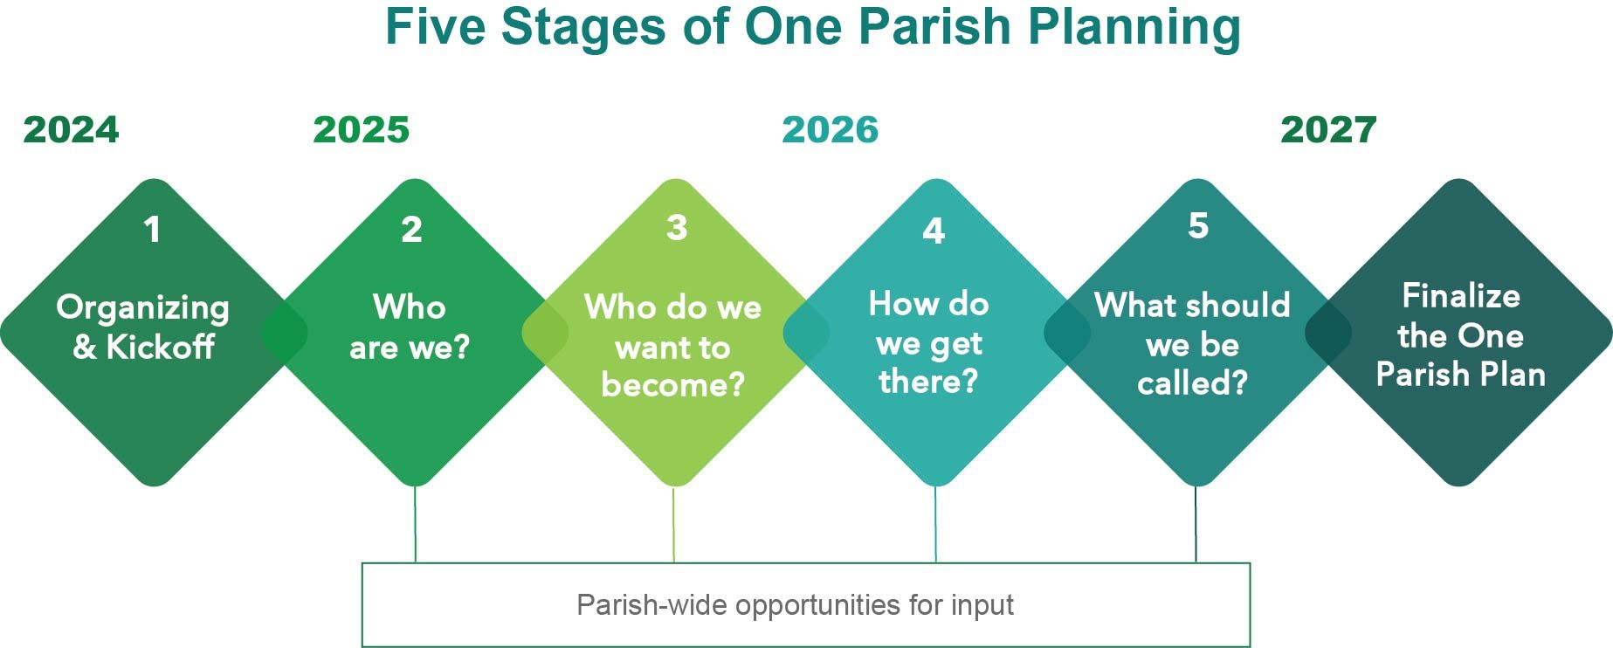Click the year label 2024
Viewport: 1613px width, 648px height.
pyautogui.click(x=71, y=130)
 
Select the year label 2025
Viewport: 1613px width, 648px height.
pyautogui.click(x=361, y=130)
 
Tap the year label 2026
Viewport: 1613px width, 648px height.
pyautogui.click(x=830, y=130)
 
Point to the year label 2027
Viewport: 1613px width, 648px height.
pyautogui.click(x=1328, y=130)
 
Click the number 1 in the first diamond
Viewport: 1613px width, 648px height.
pyautogui.click(x=153, y=230)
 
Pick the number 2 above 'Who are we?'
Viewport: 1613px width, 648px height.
pyautogui.click(x=411, y=230)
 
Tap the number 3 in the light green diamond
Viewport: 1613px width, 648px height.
pyautogui.click(x=677, y=227)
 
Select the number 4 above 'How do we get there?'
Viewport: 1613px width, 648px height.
pyautogui.click(x=934, y=231)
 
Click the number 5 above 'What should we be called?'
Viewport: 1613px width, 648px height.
pyautogui.click(x=1198, y=225)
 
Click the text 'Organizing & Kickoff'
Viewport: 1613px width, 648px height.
pyautogui.click(x=143, y=327)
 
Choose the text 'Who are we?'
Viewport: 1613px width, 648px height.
pyautogui.click(x=410, y=327)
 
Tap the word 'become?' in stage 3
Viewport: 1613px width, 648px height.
pyautogui.click(x=672, y=384)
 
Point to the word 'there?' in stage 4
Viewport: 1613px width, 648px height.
pyautogui.click(x=928, y=382)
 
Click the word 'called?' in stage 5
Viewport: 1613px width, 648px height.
pyautogui.click(x=1192, y=383)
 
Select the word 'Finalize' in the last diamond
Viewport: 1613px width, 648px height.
pyautogui.click(x=1461, y=296)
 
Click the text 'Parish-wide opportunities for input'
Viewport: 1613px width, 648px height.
pyautogui.click(x=795, y=605)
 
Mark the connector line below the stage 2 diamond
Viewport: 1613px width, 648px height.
pyautogui.click(x=415, y=524)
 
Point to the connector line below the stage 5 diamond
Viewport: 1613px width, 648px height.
pyautogui.click(x=1196, y=524)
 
